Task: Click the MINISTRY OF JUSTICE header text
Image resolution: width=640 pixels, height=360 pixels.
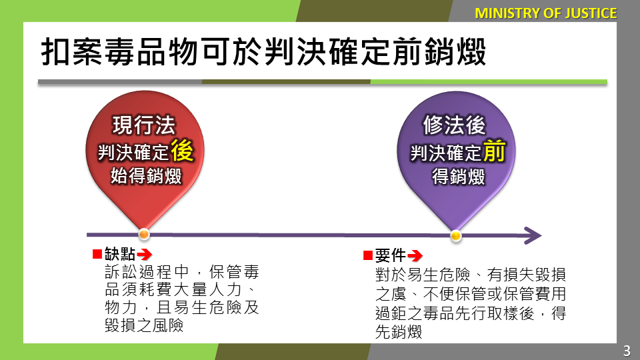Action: pyautogui.click(x=546, y=13)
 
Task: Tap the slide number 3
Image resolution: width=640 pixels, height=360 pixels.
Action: pyautogui.click(x=627, y=351)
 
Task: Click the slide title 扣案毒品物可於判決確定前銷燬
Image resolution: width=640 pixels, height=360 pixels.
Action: pyautogui.click(x=264, y=52)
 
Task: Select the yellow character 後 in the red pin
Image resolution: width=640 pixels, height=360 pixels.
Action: pyautogui.click(x=182, y=150)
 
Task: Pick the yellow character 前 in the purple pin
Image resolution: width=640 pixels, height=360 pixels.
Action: pyautogui.click(x=494, y=151)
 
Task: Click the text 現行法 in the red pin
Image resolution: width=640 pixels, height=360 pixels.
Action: pyautogui.click(x=144, y=125)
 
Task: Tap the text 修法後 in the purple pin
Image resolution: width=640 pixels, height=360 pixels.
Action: pyautogui.click(x=454, y=125)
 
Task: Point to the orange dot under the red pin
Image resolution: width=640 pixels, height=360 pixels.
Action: pyautogui.click(x=144, y=234)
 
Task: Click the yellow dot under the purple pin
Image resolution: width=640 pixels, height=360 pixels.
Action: pyautogui.click(x=456, y=235)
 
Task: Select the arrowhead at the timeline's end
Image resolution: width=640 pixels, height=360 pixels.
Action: pyautogui.click(x=533, y=235)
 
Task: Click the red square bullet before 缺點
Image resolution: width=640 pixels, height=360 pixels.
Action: pyautogui.click(x=97, y=254)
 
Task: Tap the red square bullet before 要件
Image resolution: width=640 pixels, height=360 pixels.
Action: pyautogui.click(x=368, y=255)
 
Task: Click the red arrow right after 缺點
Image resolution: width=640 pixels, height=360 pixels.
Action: pyautogui.click(x=145, y=255)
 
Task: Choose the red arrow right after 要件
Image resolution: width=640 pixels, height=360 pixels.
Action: pyautogui.click(x=415, y=256)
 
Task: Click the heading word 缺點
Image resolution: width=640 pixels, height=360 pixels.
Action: pyautogui.click(x=119, y=254)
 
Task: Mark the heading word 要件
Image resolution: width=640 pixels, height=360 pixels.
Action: pyautogui.click(x=390, y=255)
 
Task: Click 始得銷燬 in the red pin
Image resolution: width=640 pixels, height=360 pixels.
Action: pyautogui.click(x=146, y=176)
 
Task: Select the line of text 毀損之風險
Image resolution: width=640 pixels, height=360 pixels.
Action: pyautogui.click(x=144, y=325)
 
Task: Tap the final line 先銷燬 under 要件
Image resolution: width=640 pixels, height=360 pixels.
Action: pyautogui.click(x=399, y=332)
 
